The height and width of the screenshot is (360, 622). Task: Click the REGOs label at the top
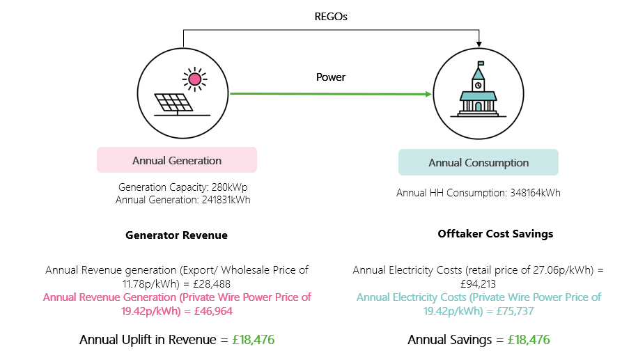click(331, 16)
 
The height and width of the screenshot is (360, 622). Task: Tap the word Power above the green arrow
click(331, 77)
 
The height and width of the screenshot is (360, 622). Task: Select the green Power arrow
click(327, 93)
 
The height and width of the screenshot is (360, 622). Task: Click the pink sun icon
click(194, 79)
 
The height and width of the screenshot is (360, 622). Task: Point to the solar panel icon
click(174, 103)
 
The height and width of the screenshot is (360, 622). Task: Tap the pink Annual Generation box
click(177, 160)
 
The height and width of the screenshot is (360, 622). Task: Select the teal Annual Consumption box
click(478, 162)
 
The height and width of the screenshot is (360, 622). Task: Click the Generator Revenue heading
click(176, 235)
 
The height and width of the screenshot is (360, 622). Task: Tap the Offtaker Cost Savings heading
click(495, 234)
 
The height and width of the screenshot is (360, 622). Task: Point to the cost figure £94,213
click(478, 283)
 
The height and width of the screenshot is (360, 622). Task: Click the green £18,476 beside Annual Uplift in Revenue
click(254, 340)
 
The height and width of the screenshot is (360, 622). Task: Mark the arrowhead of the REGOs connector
click(479, 45)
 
